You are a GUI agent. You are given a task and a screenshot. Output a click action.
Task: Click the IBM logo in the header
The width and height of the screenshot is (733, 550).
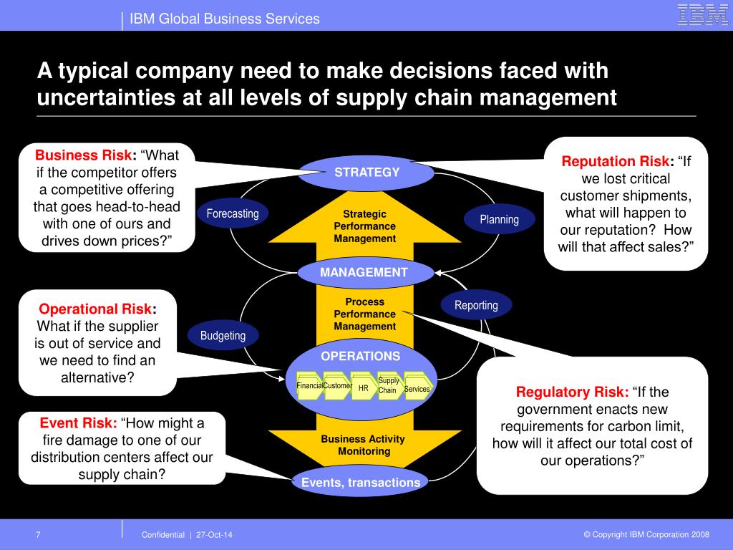pyautogui.click(x=702, y=15)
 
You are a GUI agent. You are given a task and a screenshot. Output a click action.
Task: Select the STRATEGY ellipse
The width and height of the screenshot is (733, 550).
pyautogui.click(x=366, y=173)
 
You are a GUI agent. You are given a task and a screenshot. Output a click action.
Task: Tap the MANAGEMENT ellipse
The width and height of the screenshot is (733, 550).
pyautogui.click(x=365, y=272)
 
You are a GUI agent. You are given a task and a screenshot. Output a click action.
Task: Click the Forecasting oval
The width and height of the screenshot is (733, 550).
pyautogui.click(x=233, y=213)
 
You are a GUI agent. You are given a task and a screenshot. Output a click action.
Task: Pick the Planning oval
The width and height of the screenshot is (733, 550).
pyautogui.click(x=499, y=219)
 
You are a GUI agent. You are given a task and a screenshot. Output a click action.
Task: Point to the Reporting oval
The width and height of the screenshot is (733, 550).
pyautogui.click(x=476, y=305)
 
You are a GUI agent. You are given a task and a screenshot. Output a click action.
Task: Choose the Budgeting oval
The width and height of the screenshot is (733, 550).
pyautogui.click(x=223, y=335)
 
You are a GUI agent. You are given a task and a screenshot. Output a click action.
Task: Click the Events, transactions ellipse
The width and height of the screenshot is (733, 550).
pyautogui.click(x=361, y=482)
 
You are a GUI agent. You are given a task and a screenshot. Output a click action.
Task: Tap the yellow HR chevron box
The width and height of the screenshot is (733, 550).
pyautogui.click(x=364, y=387)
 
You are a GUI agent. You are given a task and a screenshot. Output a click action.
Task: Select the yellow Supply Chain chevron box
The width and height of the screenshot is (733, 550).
pyautogui.click(x=389, y=386)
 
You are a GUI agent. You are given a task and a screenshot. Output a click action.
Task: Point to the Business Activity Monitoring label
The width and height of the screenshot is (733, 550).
pyautogui.click(x=362, y=445)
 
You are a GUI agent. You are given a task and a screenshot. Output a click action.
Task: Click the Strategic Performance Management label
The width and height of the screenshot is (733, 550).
pyautogui.click(x=364, y=226)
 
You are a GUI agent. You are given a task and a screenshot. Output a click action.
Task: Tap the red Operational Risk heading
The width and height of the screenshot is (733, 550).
pyautogui.click(x=95, y=309)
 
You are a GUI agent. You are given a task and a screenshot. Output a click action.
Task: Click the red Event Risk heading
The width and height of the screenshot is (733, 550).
pyautogui.click(x=78, y=423)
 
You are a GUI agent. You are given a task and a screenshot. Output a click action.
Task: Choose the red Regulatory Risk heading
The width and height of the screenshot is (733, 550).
pyautogui.click(x=571, y=392)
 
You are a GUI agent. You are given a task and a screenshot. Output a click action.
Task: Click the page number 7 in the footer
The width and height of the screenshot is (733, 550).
pyautogui.click(x=38, y=535)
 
